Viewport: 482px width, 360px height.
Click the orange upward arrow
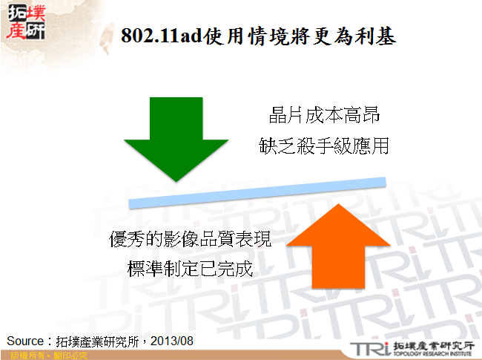point(338,249)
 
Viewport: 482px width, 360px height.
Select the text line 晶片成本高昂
point(327,117)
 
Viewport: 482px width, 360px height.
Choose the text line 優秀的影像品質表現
point(191,240)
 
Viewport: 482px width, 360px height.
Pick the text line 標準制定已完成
point(191,269)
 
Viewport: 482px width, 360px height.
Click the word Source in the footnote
point(26,341)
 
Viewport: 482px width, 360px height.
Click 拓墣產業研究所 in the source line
point(102,341)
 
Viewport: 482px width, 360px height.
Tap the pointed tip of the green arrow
point(176,180)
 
